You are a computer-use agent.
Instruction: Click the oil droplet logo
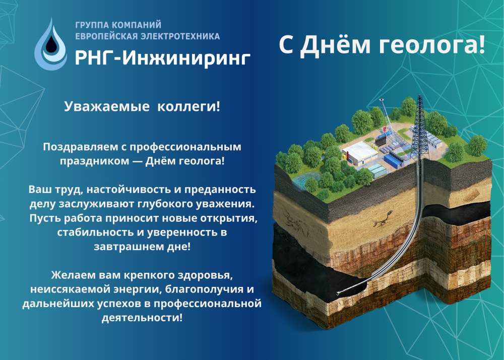(51, 44)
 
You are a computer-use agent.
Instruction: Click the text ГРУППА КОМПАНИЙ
(118, 25)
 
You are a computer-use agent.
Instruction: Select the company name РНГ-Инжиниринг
(163, 58)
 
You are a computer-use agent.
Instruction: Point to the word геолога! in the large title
(432, 45)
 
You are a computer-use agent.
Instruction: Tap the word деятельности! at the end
(142, 318)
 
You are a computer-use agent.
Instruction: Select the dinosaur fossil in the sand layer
(383, 219)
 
